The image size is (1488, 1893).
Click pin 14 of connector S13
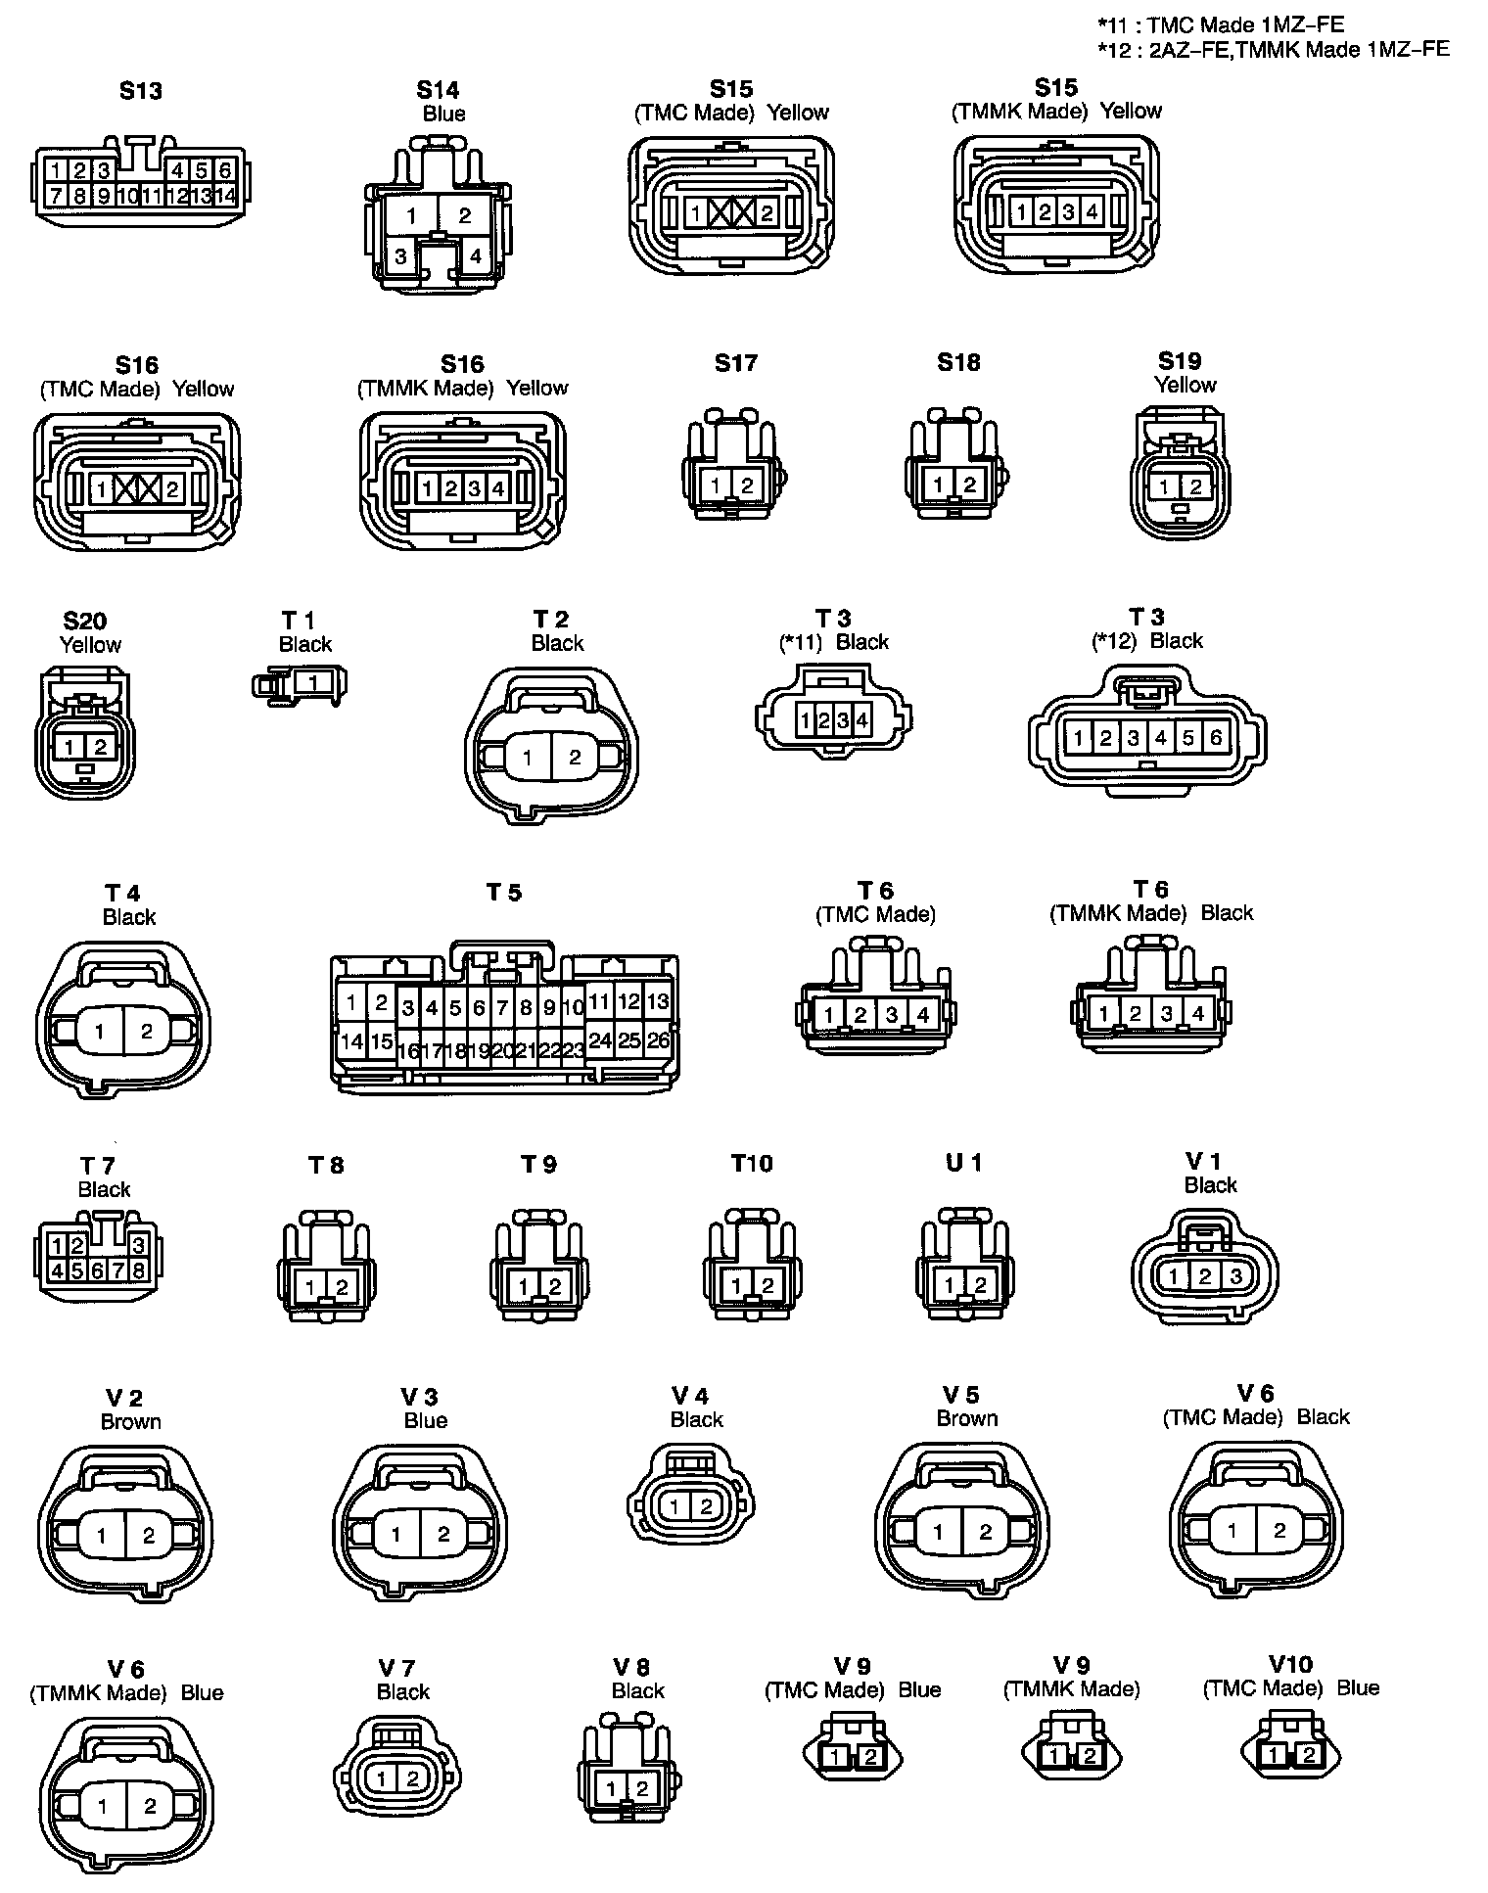click(225, 196)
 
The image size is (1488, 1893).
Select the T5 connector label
click(504, 893)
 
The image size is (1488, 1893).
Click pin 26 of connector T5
click(659, 1040)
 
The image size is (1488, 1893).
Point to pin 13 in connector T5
click(659, 1001)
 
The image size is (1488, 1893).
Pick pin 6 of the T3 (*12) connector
click(1216, 738)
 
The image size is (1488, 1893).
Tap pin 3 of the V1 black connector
click(1236, 1276)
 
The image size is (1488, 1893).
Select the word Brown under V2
click(130, 1421)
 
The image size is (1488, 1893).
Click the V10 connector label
click(1290, 1664)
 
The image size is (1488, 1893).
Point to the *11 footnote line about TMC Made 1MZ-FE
click(1221, 26)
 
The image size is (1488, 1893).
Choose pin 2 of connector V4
click(705, 1506)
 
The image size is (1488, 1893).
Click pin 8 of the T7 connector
click(139, 1270)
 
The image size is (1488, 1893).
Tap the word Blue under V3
click(426, 1420)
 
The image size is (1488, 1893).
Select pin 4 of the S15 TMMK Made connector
click(1092, 211)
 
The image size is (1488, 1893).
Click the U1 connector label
click(963, 1163)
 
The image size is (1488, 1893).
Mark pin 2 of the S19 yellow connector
click(1195, 486)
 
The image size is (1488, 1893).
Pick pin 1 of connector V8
click(611, 1789)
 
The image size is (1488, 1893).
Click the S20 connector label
click(84, 622)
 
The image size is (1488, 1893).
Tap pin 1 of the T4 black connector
click(100, 1031)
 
